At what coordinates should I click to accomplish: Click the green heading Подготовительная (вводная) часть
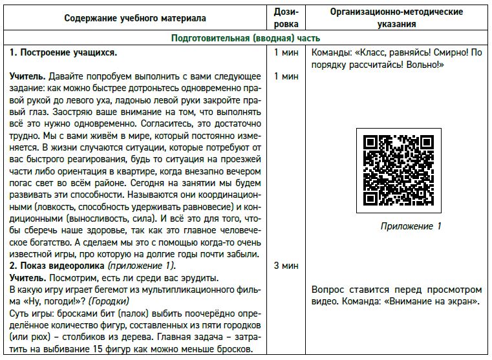[246, 38]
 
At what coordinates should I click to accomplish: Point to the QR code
[398, 170]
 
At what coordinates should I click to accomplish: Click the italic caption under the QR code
[411, 226]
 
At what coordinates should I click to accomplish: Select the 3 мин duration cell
[286, 266]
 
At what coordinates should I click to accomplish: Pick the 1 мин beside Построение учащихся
[286, 52]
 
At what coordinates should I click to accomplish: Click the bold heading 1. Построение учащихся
[63, 52]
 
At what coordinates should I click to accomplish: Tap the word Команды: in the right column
[333, 52]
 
